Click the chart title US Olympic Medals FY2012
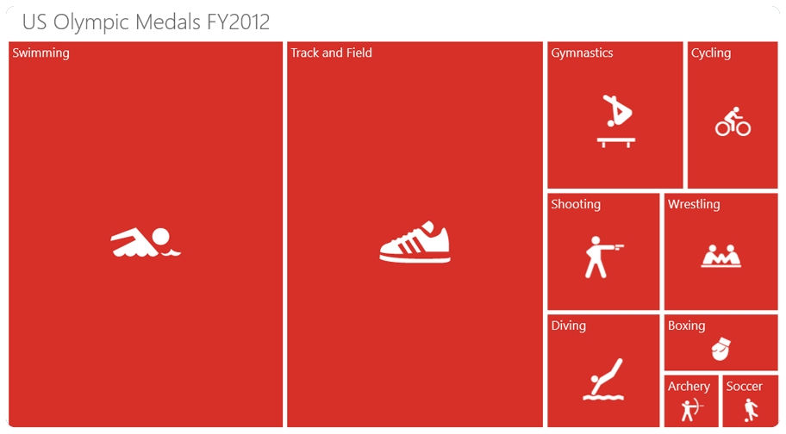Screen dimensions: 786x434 (x=146, y=22)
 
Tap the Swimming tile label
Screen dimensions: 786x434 (x=41, y=53)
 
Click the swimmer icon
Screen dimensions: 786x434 (x=146, y=243)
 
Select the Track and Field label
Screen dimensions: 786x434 (x=331, y=53)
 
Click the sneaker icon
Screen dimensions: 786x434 (x=415, y=242)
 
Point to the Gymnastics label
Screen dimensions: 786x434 (x=582, y=53)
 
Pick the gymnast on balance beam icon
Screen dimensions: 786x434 (x=616, y=121)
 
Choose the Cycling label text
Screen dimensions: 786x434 (x=711, y=53)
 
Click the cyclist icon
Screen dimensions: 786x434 (x=733, y=121)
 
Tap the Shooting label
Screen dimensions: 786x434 (x=576, y=204)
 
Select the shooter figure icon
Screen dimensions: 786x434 (x=604, y=257)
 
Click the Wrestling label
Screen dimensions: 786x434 (x=694, y=204)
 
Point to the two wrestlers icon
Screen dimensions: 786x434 (x=720, y=256)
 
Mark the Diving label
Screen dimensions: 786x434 (x=569, y=325)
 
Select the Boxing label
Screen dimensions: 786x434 (x=686, y=325)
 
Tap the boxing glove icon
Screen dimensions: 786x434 (x=721, y=349)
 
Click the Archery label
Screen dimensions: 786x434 (x=689, y=387)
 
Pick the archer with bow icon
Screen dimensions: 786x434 (x=692, y=410)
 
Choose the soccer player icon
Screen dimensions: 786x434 (x=751, y=410)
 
